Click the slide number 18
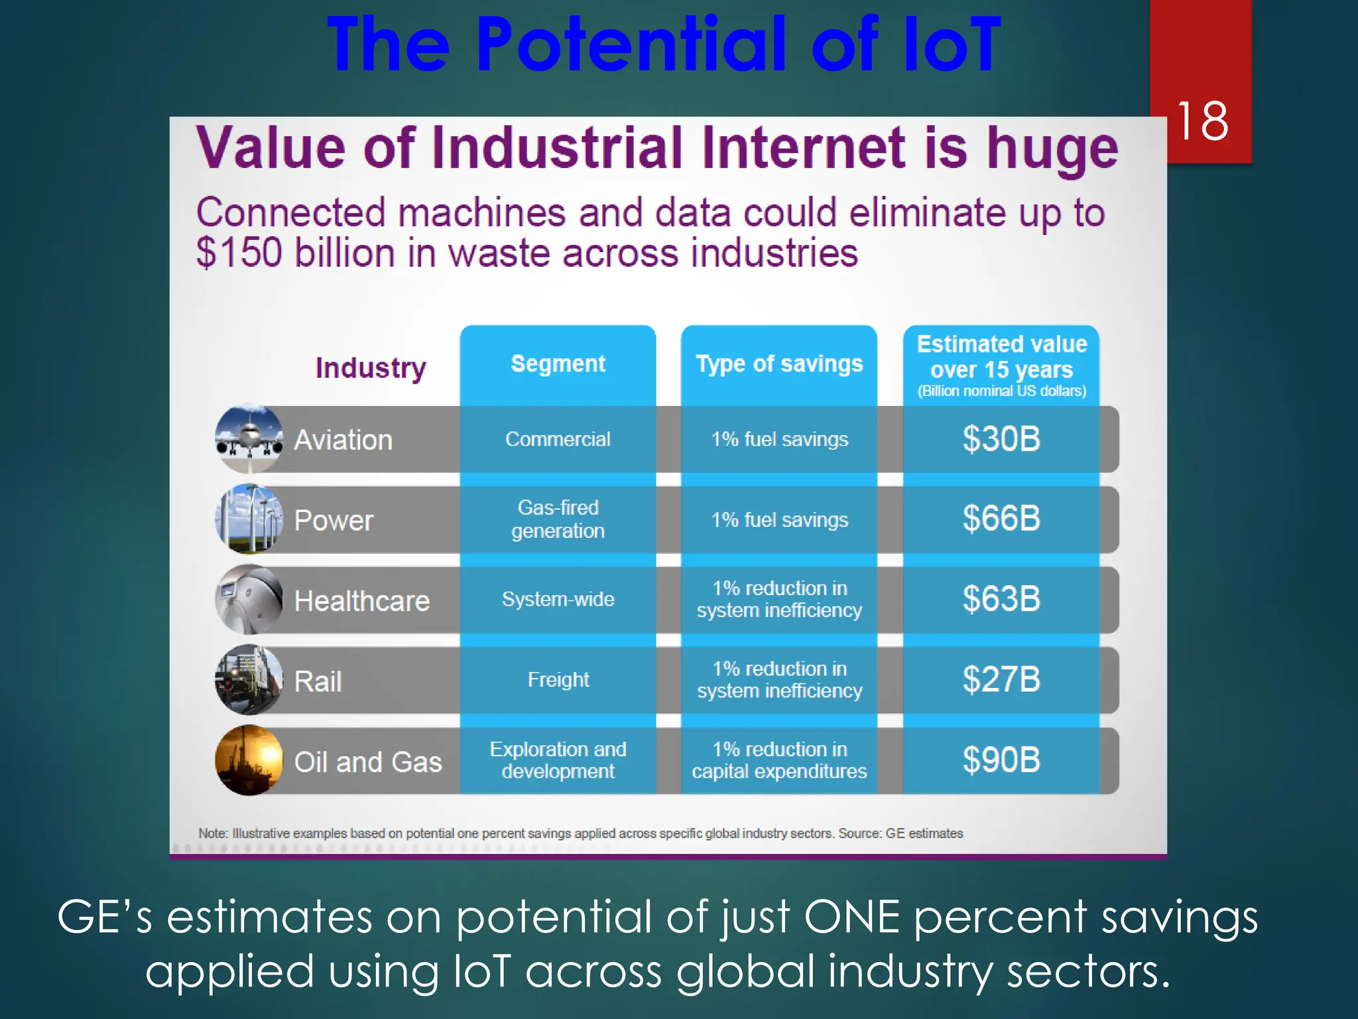(1202, 121)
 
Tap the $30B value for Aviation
(1001, 439)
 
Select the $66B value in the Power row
(1001, 519)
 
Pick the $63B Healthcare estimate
(1001, 599)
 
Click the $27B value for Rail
(1001, 680)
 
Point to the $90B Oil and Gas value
(1001, 760)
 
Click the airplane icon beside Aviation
(249, 439)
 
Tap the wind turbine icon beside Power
(249, 519)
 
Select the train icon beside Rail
(249, 680)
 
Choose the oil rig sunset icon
(249, 760)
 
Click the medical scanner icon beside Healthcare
(249, 600)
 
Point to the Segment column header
(558, 364)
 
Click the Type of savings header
(779, 364)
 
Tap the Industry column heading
(371, 368)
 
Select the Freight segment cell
(558, 680)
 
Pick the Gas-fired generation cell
(558, 519)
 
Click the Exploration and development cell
(558, 760)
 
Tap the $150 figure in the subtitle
(239, 253)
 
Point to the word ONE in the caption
(852, 918)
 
